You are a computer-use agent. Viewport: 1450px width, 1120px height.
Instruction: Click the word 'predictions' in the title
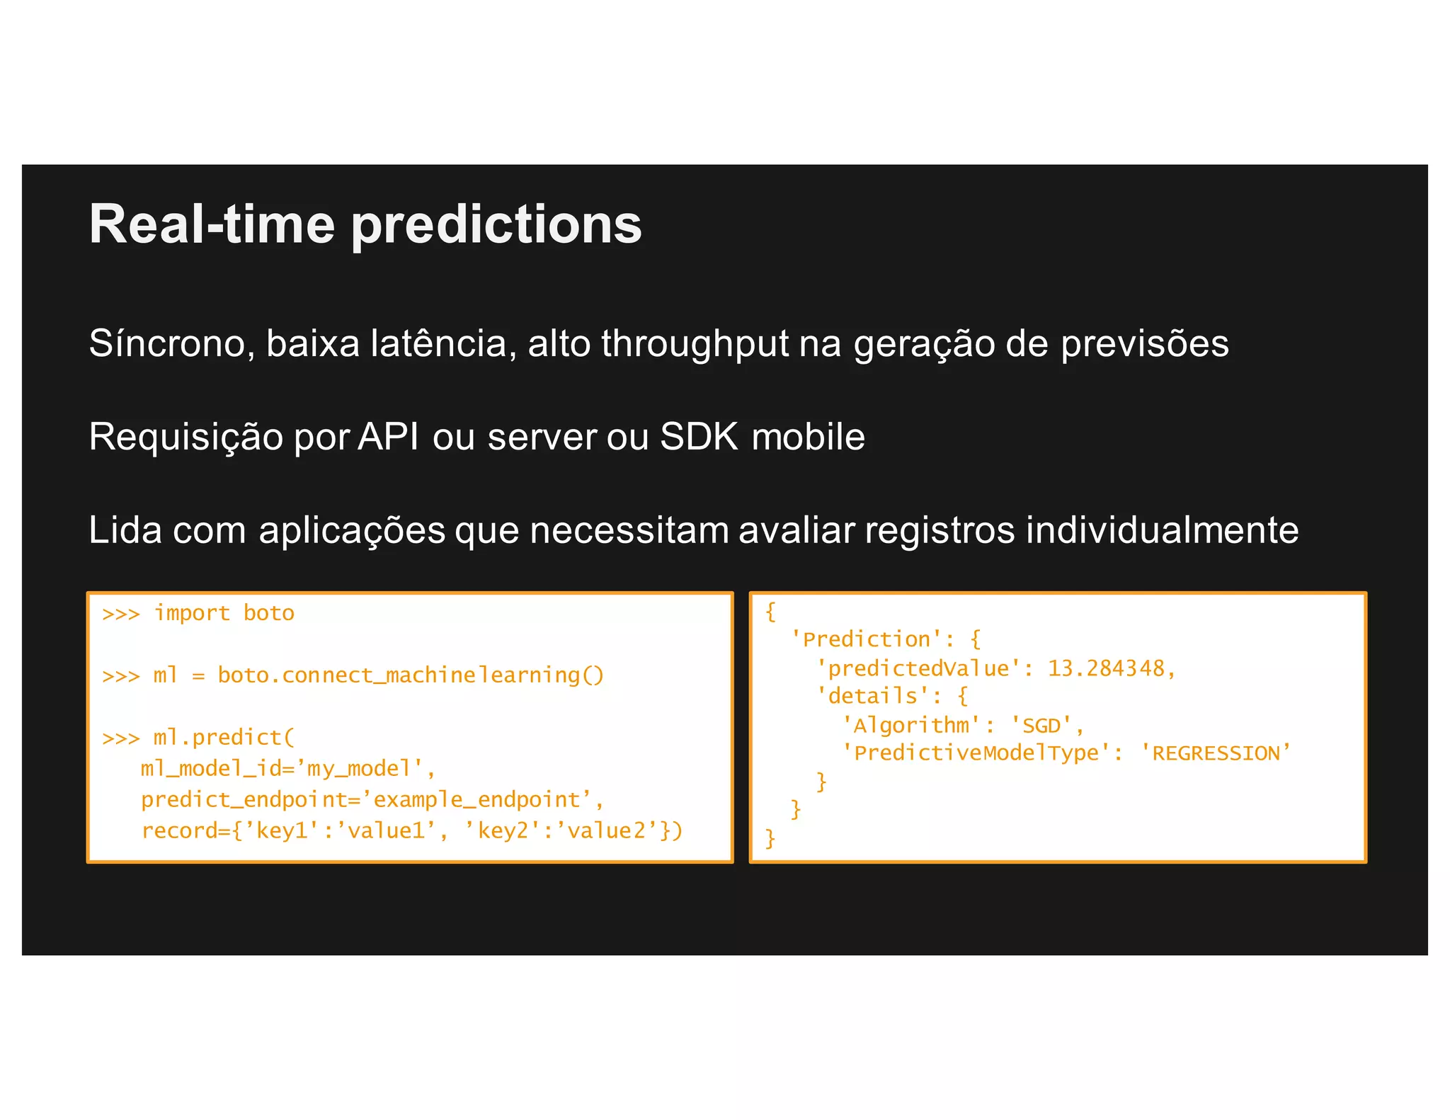[496, 225]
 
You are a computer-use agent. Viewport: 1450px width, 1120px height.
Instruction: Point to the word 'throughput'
[695, 344]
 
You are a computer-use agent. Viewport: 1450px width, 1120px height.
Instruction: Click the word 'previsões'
[1144, 344]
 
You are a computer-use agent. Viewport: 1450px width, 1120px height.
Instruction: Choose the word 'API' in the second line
[388, 436]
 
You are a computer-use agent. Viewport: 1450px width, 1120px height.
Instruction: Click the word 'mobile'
[808, 436]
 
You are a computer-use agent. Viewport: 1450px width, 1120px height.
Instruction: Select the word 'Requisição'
[185, 438]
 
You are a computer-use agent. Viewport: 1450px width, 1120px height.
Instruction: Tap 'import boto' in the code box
[224, 612]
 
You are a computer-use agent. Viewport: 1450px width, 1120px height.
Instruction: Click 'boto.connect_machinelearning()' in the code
[411, 675]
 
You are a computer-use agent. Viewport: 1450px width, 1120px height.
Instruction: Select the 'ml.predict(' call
[223, 737]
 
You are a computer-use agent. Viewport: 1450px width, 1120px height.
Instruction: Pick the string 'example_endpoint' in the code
[476, 799]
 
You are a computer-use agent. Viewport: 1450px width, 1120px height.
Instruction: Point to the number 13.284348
[1106, 668]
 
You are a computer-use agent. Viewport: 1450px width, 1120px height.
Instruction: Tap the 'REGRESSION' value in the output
[1216, 753]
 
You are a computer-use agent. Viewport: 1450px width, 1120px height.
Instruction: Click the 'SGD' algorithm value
[1041, 725]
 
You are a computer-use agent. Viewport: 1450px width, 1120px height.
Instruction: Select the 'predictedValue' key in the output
[918, 668]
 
